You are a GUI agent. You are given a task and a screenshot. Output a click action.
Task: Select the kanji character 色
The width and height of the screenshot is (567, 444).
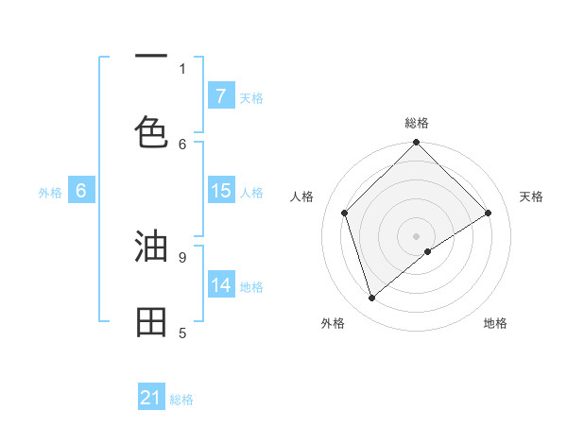pos(151,130)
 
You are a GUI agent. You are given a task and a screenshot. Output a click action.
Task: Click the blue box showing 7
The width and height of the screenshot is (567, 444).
pos(220,95)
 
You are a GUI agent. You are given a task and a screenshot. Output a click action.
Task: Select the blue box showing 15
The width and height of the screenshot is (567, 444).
pos(220,191)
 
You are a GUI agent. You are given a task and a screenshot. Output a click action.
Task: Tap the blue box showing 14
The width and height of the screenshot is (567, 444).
pos(220,285)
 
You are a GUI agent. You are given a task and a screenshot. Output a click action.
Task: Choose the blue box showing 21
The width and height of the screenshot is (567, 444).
pos(151,398)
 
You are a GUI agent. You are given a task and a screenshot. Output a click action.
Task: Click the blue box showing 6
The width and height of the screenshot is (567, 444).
pos(81,191)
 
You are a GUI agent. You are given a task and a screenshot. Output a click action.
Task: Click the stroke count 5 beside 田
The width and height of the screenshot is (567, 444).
pos(182,333)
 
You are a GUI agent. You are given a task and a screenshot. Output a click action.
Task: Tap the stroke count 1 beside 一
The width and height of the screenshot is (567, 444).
pos(182,68)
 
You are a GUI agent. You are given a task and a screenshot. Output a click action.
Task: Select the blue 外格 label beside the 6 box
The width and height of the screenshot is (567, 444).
pos(50,193)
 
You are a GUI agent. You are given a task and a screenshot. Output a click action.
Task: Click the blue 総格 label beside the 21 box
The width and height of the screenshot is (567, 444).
pos(181,400)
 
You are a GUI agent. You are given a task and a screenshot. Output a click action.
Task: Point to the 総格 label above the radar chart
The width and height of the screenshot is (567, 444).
pos(417,123)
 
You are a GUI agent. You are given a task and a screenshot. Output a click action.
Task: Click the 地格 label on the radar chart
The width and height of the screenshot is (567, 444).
pos(495,323)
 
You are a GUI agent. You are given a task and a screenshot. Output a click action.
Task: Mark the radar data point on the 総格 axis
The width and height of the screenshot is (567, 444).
pos(417,144)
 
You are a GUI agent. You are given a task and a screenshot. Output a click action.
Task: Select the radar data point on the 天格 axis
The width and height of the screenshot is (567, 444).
pos(489,213)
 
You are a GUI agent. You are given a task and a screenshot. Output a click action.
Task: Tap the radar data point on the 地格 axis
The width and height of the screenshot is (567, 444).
pos(428,251)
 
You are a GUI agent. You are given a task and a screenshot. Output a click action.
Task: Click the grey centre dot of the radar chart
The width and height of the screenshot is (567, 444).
pos(417,235)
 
